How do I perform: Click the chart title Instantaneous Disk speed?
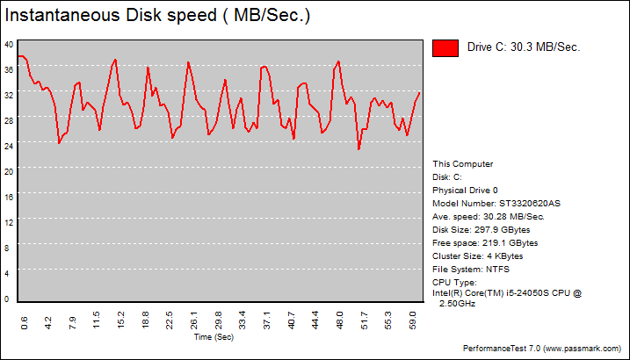point(157,17)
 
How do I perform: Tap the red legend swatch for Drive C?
point(445,48)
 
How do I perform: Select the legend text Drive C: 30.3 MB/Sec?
point(524,48)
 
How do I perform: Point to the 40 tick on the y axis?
point(8,44)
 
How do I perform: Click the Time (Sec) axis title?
point(214,336)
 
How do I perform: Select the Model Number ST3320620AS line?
point(496,204)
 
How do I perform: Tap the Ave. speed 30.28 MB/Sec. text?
point(489,217)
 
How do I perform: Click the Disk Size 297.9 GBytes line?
point(485,230)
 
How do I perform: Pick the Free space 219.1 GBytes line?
point(485,243)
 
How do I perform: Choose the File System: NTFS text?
point(471,270)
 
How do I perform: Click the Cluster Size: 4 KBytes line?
point(478,256)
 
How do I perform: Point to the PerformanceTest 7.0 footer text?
point(543,349)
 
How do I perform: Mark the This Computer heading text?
point(463,164)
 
